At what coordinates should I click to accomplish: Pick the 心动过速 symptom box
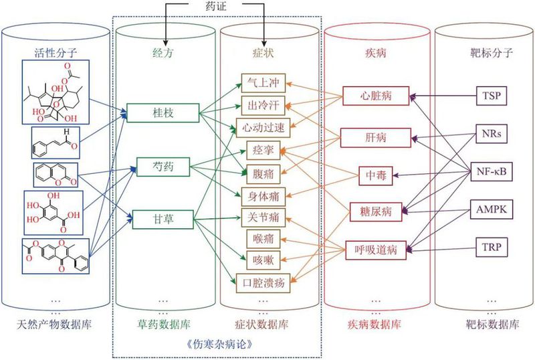click(263, 127)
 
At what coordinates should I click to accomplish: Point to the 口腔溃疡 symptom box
click(263, 282)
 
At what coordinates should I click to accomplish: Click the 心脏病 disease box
click(374, 96)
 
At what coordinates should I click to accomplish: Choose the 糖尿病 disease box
click(374, 211)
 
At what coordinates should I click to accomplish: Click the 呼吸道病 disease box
click(374, 251)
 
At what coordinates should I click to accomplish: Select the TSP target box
click(492, 96)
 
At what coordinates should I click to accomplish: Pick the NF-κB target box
click(492, 171)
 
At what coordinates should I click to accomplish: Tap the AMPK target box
click(492, 209)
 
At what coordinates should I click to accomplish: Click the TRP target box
click(492, 247)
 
